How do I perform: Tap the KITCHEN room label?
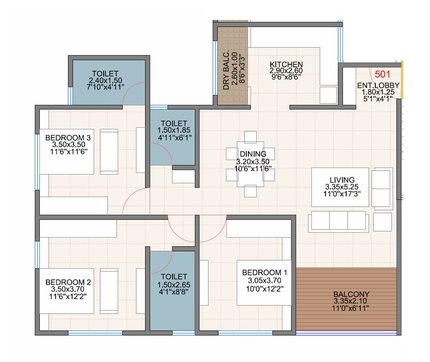click(286, 64)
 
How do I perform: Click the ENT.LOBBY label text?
click(378, 86)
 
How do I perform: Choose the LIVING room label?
click(342, 180)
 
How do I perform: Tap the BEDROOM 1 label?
click(265, 272)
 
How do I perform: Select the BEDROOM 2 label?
click(68, 282)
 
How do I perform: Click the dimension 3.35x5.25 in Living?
click(342, 186)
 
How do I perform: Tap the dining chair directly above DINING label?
click(250, 138)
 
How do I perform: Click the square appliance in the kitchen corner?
click(327, 95)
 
